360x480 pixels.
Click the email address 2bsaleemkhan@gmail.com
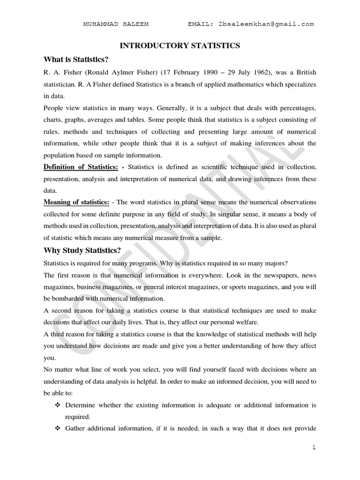tap(266, 24)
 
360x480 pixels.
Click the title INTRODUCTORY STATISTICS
tap(180, 45)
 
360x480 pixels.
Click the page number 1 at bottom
tap(314, 448)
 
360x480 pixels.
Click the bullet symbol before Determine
tap(58, 405)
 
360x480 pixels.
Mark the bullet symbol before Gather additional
tap(58, 428)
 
